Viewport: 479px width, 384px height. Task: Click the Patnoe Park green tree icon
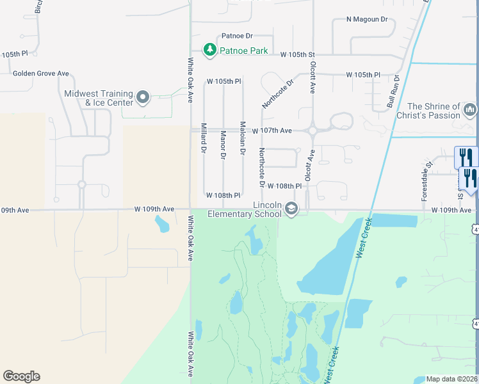[x=209, y=49]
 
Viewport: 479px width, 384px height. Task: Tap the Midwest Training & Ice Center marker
[x=142, y=98]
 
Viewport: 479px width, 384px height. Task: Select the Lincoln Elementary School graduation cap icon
[x=292, y=209]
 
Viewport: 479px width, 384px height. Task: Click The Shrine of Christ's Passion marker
[x=469, y=110]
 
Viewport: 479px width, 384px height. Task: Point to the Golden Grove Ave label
[x=41, y=74]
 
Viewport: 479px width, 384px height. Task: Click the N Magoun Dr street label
[x=367, y=20]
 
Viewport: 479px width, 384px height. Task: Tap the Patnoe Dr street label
[x=238, y=36]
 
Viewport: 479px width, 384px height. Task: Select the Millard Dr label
[x=204, y=138]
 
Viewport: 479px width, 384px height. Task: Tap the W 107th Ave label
[x=272, y=131]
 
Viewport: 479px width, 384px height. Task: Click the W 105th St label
[x=298, y=55]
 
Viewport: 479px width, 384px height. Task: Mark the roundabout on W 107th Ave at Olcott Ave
[x=313, y=130]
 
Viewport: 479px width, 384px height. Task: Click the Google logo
[x=21, y=376]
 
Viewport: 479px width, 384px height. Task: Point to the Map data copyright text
[x=451, y=379]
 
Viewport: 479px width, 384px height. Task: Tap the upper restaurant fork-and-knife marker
[x=466, y=157]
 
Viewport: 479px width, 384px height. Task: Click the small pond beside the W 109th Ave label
[x=162, y=223]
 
